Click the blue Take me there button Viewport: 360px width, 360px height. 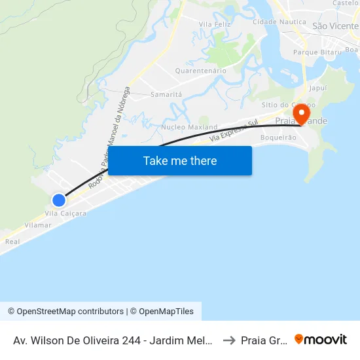180,160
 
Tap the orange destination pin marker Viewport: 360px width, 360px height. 302,115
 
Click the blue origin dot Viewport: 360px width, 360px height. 59,200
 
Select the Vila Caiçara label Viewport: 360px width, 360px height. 65,213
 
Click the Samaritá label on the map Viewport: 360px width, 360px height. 166,94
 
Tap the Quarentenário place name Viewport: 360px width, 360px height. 200,71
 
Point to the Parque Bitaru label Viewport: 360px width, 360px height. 314,52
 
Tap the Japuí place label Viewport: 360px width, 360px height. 317,87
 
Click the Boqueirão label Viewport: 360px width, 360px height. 278,137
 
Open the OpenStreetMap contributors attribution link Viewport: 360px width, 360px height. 65,312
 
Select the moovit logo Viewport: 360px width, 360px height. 321,340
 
